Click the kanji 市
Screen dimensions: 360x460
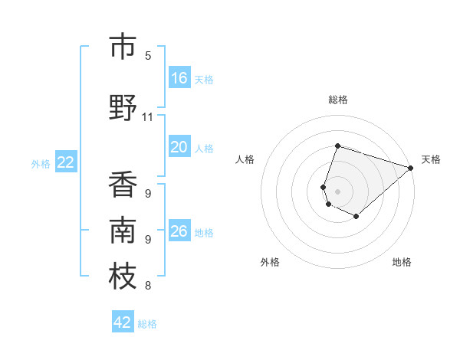pos(123,47)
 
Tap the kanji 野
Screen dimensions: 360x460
pos(123,108)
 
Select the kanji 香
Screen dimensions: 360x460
pos(123,185)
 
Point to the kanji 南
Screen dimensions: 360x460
pos(123,231)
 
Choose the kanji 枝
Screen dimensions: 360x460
pos(123,277)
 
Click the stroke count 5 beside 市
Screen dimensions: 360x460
pos(148,56)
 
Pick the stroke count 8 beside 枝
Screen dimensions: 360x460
pos(148,286)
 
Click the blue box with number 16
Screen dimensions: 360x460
pos(179,77)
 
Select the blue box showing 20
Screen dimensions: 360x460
pos(179,147)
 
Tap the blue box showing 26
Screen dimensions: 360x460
pos(179,231)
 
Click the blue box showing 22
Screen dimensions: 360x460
pos(66,162)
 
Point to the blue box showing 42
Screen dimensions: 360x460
pos(123,322)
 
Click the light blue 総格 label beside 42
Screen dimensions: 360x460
pos(147,324)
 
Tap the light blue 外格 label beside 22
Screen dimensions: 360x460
pos(41,163)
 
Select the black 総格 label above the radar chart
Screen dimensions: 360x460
pos(338,100)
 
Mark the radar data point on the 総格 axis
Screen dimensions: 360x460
pos(337,146)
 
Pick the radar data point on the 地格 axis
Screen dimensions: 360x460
pos(356,217)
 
